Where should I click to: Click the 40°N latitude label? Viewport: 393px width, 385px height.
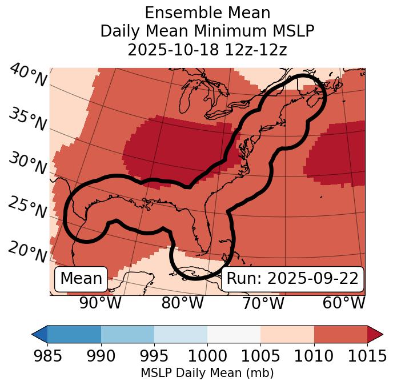pos(28,75)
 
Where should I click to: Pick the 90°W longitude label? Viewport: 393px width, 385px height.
pos(101,303)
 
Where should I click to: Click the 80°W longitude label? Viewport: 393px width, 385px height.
pos(182,303)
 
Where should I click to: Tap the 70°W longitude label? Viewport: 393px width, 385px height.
pos(263,303)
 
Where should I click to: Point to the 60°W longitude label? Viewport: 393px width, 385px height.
pos(344,303)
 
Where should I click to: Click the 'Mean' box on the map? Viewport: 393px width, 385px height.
pos(81,279)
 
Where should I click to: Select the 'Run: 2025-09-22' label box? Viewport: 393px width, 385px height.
pos(292,279)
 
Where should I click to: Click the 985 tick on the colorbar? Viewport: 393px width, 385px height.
pos(48,356)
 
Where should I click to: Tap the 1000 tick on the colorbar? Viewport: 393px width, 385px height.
pos(207,356)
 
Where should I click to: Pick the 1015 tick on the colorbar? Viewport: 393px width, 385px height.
pos(367,356)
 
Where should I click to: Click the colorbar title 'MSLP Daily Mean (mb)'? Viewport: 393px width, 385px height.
pos(207,374)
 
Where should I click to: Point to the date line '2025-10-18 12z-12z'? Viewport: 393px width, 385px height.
pos(207,50)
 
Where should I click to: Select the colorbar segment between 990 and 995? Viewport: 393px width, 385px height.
pos(127,334)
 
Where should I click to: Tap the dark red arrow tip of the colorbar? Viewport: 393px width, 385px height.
pos(375,334)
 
